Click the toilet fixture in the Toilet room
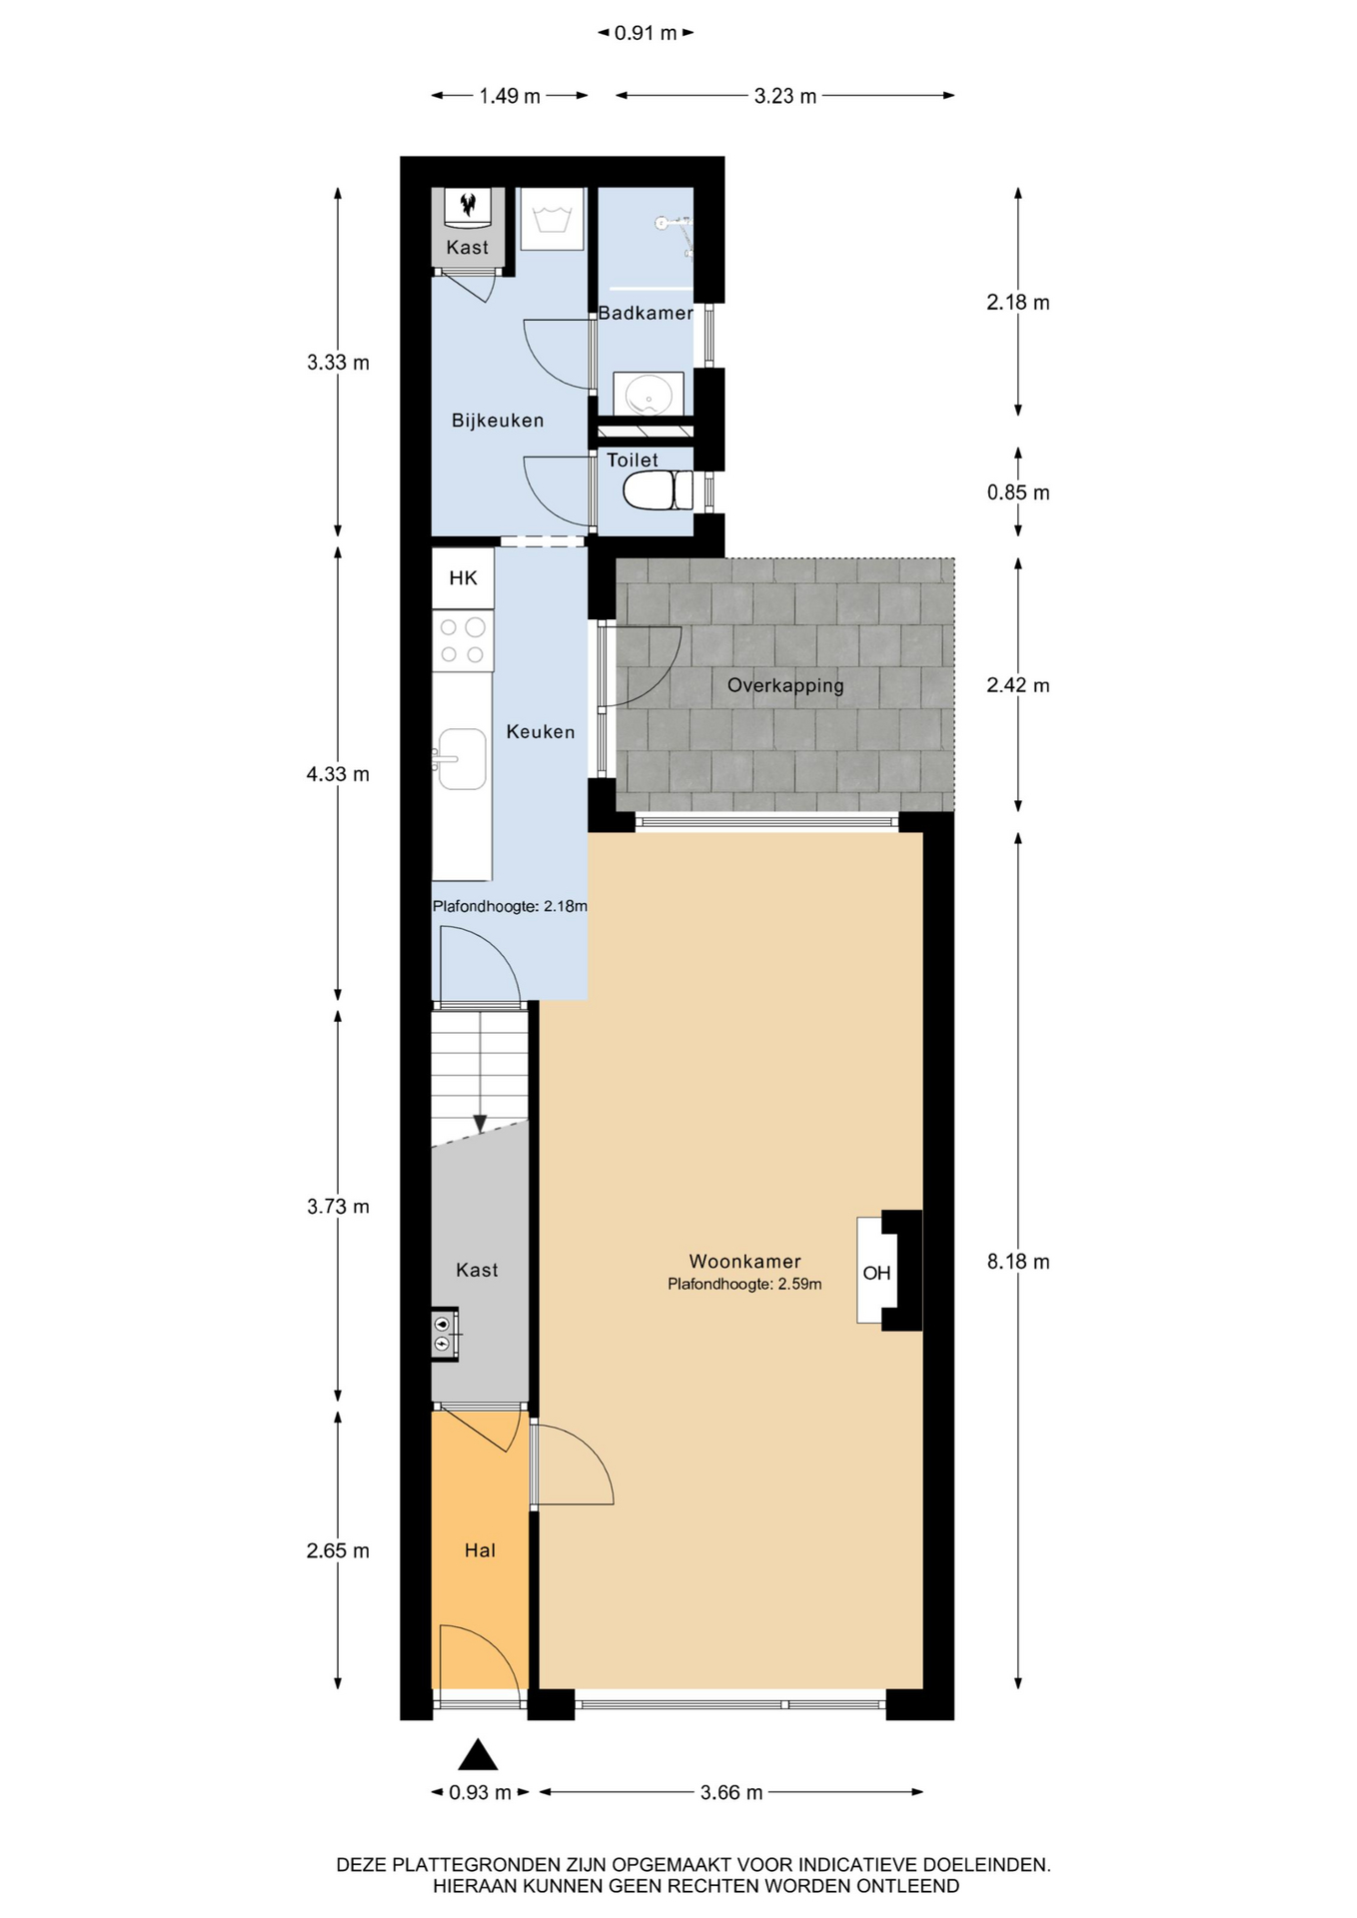[x=659, y=490]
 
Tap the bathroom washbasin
[x=649, y=393]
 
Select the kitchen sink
[x=461, y=759]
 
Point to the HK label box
[x=463, y=577]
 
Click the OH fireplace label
[x=876, y=1273]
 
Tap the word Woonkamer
[x=744, y=1261]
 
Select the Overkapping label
[x=785, y=685]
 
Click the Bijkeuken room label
[x=498, y=421]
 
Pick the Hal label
[x=480, y=1550]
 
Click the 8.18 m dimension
[x=1018, y=1262]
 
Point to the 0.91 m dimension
[x=646, y=33]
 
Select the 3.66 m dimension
[x=731, y=1792]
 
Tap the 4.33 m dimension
[x=338, y=774]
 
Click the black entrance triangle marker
[x=478, y=1754]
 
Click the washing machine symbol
[x=552, y=219]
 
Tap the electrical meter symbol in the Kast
[x=445, y=1334]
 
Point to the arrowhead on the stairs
[x=480, y=1124]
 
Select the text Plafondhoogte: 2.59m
[x=744, y=1285]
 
